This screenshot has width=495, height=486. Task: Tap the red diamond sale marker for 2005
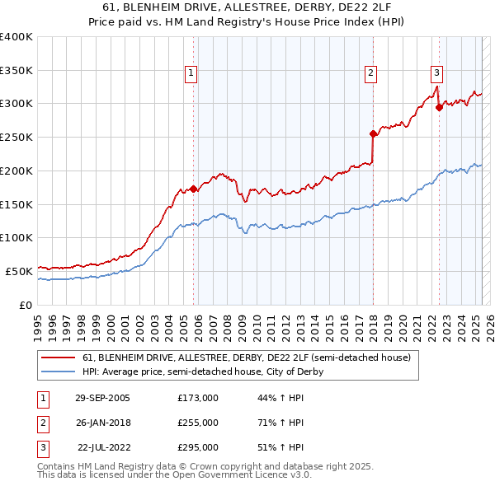point(194,189)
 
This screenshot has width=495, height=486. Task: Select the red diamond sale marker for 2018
point(373,133)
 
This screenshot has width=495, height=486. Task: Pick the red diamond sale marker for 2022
point(439,106)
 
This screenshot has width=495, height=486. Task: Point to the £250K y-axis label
point(16,137)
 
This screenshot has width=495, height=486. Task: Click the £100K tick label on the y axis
point(16,237)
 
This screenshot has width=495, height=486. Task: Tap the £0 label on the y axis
point(26,305)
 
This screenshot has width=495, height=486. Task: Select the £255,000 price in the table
point(198,423)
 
